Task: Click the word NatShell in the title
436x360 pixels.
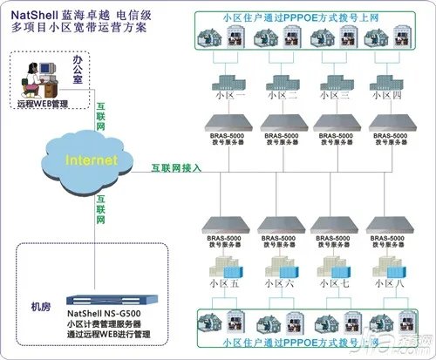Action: click(x=37, y=15)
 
